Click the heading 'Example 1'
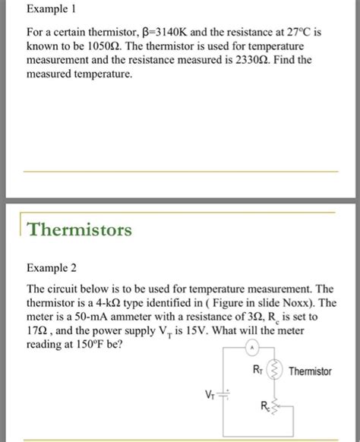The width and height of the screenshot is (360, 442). [53, 11]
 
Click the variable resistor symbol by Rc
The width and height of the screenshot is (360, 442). [276, 410]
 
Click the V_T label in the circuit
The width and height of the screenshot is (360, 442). [209, 395]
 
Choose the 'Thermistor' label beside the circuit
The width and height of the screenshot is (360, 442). [311, 371]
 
